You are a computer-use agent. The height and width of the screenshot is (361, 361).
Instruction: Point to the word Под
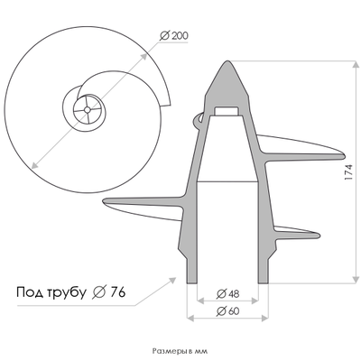[33, 292]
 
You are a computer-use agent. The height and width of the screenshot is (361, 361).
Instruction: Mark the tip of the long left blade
[106, 200]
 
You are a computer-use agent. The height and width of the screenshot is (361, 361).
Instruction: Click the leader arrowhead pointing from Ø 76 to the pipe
[175, 279]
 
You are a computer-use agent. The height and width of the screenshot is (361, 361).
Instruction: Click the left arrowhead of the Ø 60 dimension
[190, 319]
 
